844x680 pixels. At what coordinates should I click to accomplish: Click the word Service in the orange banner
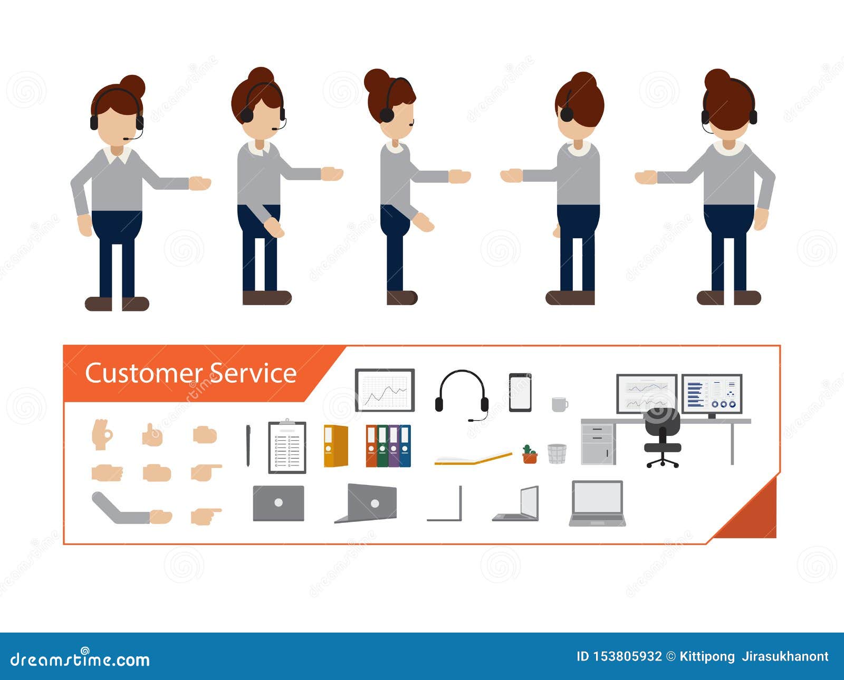tap(253, 373)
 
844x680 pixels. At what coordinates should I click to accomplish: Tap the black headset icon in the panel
tap(462, 393)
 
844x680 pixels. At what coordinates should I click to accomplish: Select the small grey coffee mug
tap(559, 404)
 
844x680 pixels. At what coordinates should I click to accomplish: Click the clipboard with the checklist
tap(287, 447)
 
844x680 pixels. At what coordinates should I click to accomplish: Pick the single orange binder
tap(335, 446)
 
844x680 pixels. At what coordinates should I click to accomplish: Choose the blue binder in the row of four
tap(405, 446)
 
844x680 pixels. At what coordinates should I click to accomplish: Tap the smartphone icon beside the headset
tap(520, 392)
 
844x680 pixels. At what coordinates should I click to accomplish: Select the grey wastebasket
tap(557, 453)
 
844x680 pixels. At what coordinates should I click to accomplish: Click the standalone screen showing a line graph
tap(385, 390)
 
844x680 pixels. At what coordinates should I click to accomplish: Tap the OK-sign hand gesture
tap(102, 434)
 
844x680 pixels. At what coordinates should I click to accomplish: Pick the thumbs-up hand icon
tap(152, 435)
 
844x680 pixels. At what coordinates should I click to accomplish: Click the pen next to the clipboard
tap(248, 445)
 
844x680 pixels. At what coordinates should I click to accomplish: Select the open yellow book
tap(473, 459)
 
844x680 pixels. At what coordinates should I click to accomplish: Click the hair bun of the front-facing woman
tap(132, 86)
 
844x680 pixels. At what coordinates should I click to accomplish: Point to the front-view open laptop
tap(597, 503)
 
